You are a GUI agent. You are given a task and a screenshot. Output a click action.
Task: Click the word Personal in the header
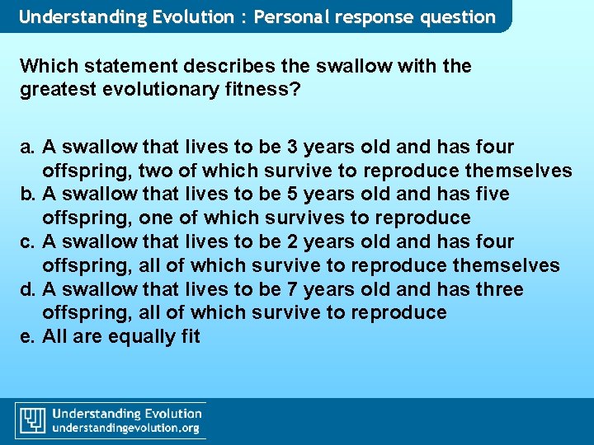click(x=290, y=17)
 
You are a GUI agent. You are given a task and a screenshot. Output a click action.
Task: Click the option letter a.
click(x=26, y=148)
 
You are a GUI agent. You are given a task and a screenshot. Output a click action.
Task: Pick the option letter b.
click(x=26, y=194)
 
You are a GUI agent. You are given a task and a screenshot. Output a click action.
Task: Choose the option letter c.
click(x=26, y=242)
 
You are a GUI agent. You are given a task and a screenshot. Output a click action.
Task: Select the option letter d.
click(x=26, y=289)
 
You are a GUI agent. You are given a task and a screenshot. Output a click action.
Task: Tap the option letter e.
click(x=26, y=336)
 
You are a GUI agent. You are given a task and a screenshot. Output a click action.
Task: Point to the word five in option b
click(x=492, y=194)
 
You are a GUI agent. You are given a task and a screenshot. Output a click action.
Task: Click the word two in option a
click(x=154, y=171)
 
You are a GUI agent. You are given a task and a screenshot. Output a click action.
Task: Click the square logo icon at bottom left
click(x=32, y=420)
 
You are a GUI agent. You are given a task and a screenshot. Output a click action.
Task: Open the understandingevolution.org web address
click(x=125, y=429)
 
